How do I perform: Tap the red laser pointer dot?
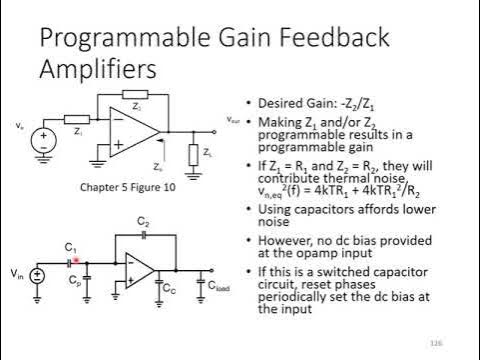[x=76, y=259]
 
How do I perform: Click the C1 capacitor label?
[x=71, y=246]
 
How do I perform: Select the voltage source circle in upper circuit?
[x=43, y=138]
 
